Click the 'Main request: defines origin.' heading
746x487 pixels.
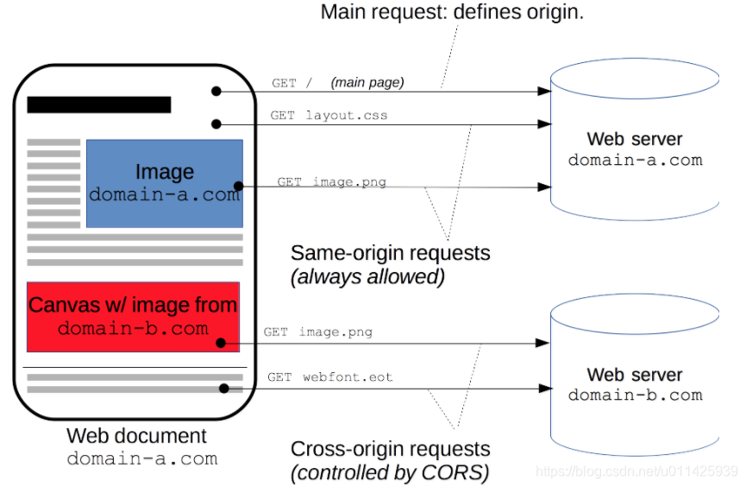(x=452, y=12)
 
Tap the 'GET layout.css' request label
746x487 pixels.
(x=329, y=116)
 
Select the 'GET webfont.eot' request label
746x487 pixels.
(x=329, y=377)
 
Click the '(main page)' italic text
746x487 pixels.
(x=367, y=82)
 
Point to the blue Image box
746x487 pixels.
(x=165, y=183)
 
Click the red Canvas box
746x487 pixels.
(x=133, y=317)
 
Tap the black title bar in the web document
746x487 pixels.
(x=99, y=104)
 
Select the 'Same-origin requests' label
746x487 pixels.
(x=390, y=253)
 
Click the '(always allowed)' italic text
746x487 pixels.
(x=367, y=277)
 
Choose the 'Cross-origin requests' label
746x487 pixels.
(x=390, y=449)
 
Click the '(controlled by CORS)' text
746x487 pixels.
(x=390, y=472)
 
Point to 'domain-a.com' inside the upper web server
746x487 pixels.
(x=635, y=160)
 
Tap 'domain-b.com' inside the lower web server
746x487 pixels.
(x=635, y=395)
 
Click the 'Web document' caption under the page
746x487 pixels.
(x=136, y=436)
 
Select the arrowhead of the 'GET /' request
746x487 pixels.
(x=544, y=91)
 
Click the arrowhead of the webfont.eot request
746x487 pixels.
(x=545, y=389)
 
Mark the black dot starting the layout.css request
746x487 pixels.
(x=216, y=124)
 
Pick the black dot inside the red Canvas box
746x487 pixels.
(x=221, y=343)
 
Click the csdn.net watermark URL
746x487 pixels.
(x=636, y=471)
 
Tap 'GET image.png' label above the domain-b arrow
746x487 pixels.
(x=318, y=332)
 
